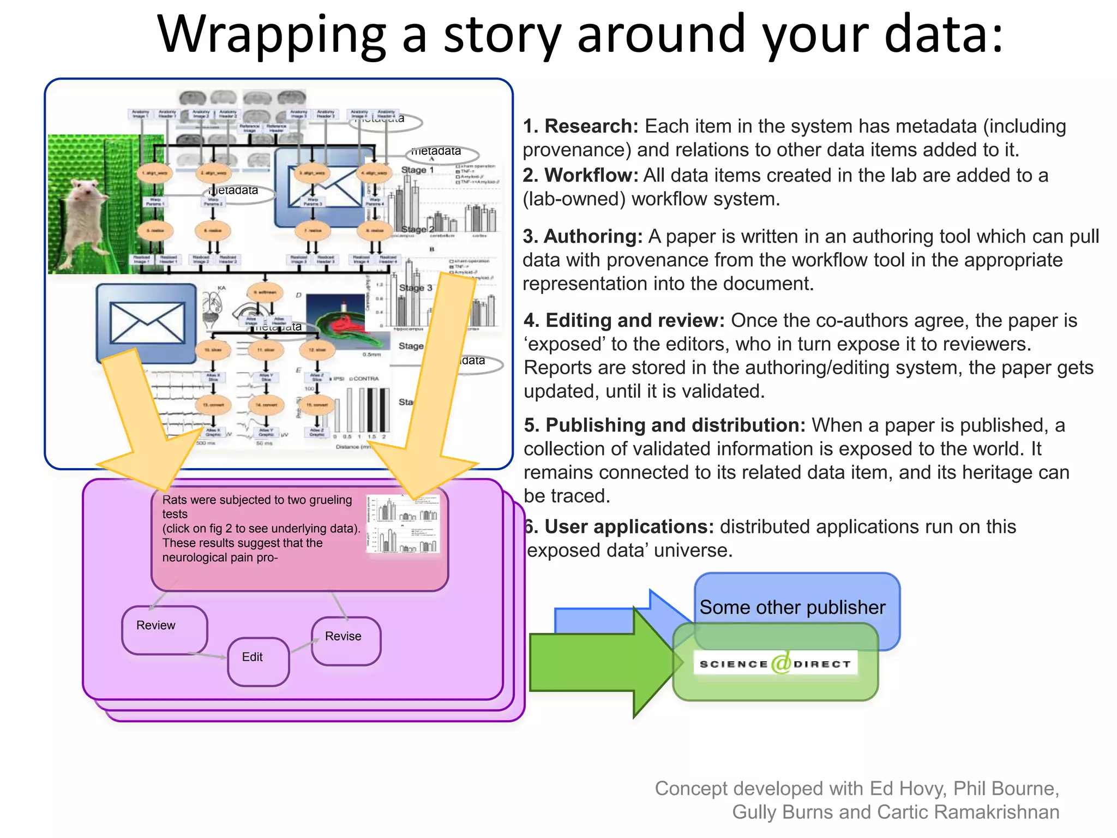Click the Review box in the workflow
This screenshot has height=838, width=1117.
pyautogui.click(x=164, y=629)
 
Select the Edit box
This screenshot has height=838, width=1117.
pyautogui.click(x=257, y=661)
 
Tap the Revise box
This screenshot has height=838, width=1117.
pyautogui.click(x=345, y=640)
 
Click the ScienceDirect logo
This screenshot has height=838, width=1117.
pyautogui.click(x=774, y=663)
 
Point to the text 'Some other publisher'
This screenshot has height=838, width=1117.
pyautogui.click(x=792, y=607)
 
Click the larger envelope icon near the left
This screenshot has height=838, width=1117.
pyautogui.click(x=146, y=323)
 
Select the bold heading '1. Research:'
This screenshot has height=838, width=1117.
pyautogui.click(x=580, y=126)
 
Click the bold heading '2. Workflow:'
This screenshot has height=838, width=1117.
pyautogui.click(x=580, y=175)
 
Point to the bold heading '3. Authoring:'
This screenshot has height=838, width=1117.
pyautogui.click(x=582, y=236)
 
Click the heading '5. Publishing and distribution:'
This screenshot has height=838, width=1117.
pyautogui.click(x=664, y=425)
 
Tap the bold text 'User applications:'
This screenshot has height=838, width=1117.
pyautogui.click(x=629, y=526)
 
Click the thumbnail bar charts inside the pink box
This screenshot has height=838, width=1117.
pyautogui.click(x=403, y=524)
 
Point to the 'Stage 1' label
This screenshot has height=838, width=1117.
pyautogui.click(x=417, y=170)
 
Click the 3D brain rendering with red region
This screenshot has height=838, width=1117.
pyautogui.click(x=344, y=322)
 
